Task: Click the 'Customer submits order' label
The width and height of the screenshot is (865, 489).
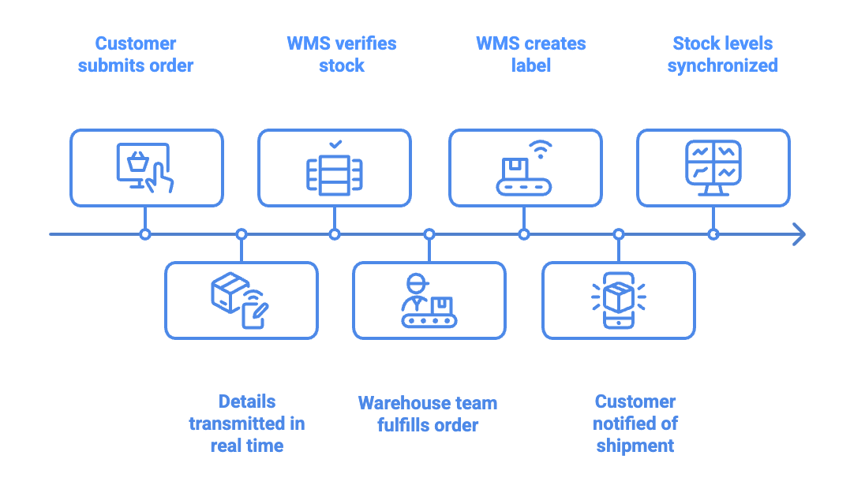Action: point(136,54)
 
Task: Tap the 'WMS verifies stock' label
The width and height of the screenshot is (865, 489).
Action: point(341,54)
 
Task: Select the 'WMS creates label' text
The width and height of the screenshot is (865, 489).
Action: point(530,54)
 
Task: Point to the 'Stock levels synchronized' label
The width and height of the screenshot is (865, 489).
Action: point(722,54)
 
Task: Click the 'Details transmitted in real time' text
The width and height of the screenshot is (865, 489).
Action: point(246,424)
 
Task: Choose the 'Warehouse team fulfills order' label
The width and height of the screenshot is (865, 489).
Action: point(428,414)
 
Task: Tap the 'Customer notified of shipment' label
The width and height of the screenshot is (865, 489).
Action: point(635,424)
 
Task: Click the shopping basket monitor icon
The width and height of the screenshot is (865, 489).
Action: point(145,168)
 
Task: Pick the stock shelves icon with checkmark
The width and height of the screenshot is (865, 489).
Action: point(335,172)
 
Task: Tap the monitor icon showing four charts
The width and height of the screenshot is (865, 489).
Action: point(713,168)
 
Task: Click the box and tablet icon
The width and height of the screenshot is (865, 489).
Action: point(240,300)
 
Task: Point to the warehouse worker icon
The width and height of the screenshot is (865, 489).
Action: point(429,300)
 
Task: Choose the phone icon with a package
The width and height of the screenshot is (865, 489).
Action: point(619,300)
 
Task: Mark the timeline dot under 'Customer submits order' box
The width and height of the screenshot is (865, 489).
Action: point(145,234)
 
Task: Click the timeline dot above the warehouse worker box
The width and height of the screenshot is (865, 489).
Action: point(429,234)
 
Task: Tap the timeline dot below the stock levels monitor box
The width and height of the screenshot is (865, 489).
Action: point(713,234)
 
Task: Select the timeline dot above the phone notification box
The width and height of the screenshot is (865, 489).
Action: point(619,234)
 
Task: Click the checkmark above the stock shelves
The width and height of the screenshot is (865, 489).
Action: point(335,144)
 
